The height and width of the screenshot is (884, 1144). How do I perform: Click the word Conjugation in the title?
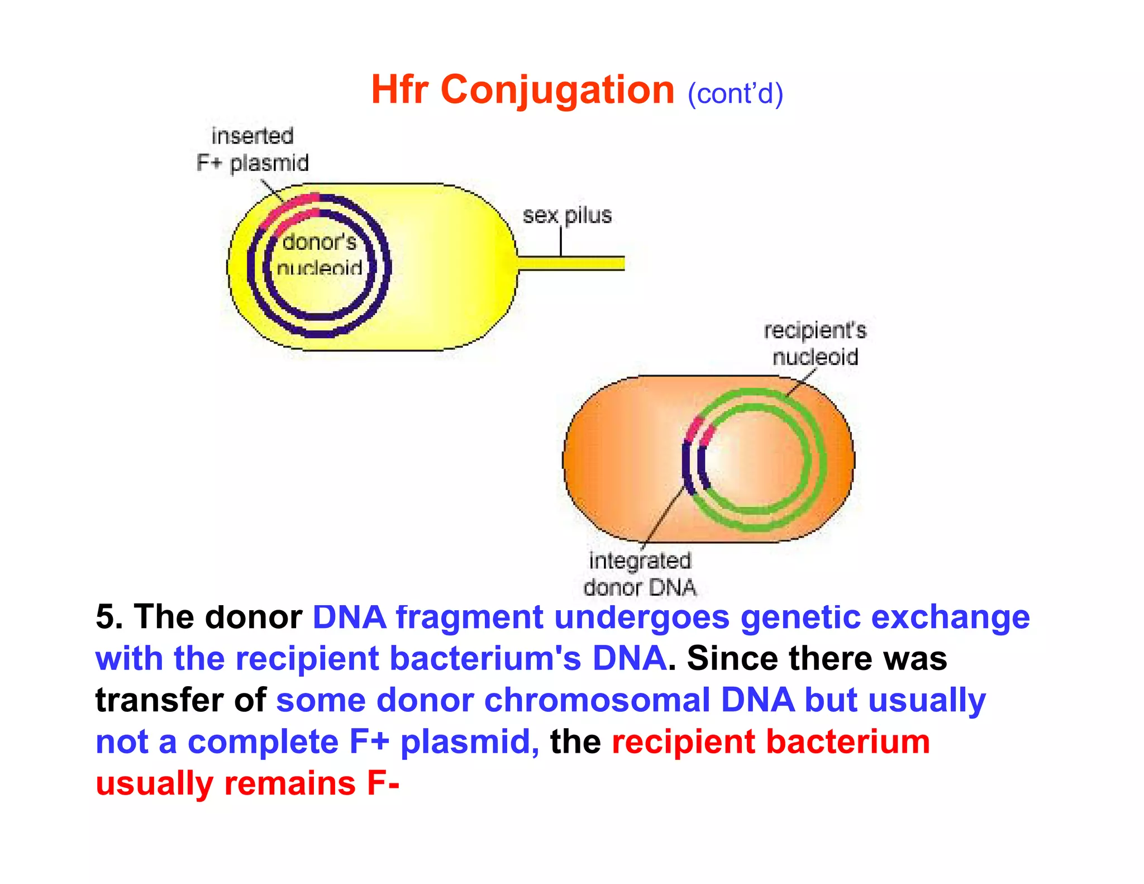557,90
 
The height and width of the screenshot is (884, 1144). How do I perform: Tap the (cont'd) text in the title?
735,94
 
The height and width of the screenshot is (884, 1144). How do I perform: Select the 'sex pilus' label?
567,215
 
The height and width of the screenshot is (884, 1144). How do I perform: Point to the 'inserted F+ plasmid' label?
252,150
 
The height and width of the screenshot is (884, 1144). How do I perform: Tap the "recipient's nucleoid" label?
815,343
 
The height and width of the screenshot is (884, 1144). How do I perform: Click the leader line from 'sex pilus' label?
561,241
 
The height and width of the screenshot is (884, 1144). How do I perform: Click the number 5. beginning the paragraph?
109,617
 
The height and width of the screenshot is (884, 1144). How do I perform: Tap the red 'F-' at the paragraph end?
383,783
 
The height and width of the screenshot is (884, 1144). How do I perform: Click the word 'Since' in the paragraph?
732,659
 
